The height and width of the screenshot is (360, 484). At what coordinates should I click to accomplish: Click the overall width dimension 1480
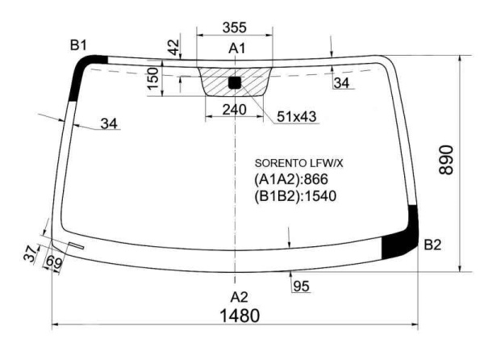(x=240, y=316)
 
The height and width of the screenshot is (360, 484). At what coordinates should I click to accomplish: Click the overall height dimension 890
(x=446, y=161)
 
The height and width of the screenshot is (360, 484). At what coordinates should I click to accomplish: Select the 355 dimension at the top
(x=235, y=27)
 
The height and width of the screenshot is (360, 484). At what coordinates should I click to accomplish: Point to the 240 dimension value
(x=235, y=110)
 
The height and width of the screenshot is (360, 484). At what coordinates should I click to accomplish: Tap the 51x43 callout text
(x=297, y=117)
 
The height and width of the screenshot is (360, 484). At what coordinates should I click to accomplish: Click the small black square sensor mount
(x=235, y=83)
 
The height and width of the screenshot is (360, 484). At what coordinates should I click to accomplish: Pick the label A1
(x=237, y=48)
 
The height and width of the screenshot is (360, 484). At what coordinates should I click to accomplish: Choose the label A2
(x=240, y=297)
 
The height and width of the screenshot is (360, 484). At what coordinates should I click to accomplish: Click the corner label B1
(x=78, y=45)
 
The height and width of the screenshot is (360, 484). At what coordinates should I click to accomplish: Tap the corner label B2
(x=432, y=245)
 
